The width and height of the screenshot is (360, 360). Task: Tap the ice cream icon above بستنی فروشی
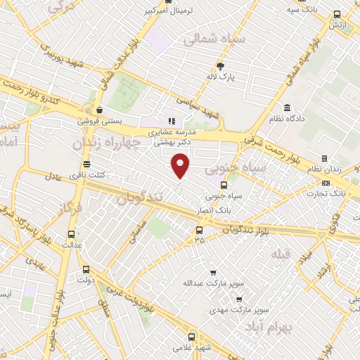click(101, 110)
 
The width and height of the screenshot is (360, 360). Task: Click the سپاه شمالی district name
click(214, 39)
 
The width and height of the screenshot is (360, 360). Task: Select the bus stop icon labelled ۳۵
click(199, 229)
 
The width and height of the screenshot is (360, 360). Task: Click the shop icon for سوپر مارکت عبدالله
click(213, 273)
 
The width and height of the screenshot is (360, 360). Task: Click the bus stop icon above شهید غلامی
click(193, 337)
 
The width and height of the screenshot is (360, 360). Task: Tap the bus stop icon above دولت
click(86, 269)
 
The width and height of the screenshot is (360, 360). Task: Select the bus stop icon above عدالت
click(70, 235)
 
